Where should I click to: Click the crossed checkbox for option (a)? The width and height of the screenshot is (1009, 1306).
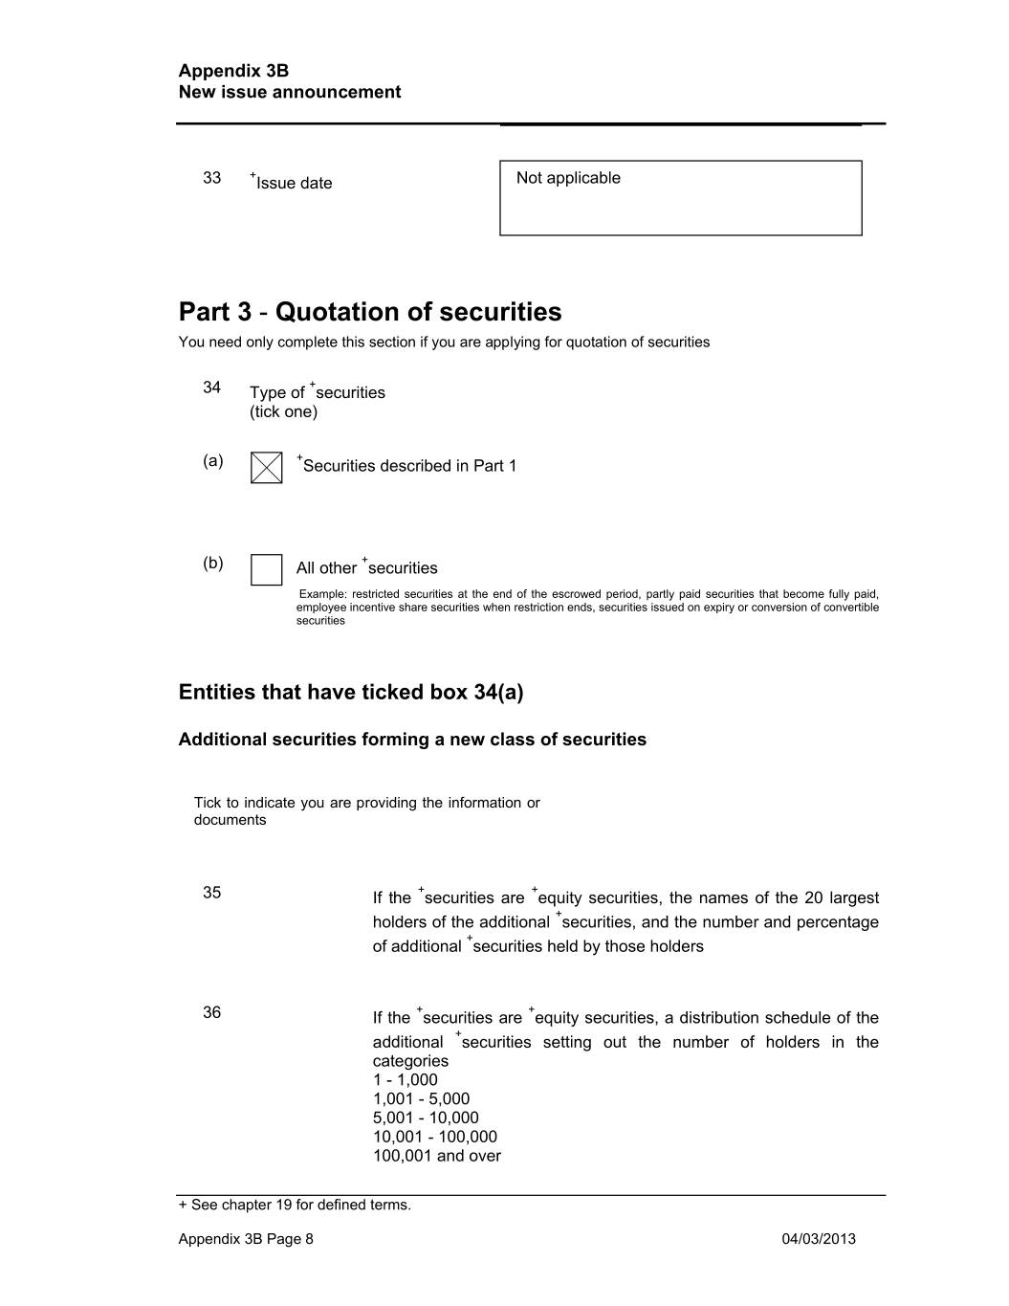[266, 468]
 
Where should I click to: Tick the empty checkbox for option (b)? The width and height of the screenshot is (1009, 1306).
[266, 569]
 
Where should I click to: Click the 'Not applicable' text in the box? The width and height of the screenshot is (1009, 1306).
[568, 178]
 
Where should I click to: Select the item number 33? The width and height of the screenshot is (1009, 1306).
[211, 178]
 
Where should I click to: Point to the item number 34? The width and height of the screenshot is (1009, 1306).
[211, 387]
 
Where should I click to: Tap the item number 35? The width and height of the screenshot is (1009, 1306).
[211, 893]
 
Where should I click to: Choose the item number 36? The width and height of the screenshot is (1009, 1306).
[211, 1012]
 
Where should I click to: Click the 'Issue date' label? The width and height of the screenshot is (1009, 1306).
[294, 183]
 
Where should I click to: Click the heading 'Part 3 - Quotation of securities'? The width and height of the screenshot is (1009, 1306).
[370, 312]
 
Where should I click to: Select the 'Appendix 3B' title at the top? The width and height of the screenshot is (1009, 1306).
[233, 71]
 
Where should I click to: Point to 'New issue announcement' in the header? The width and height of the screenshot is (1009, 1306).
[290, 92]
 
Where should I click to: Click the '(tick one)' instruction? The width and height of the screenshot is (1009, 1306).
[283, 411]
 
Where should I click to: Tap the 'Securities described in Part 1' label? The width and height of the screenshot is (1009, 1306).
[409, 466]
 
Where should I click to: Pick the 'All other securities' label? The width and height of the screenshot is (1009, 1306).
[367, 567]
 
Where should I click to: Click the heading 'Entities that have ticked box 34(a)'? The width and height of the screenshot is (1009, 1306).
[351, 692]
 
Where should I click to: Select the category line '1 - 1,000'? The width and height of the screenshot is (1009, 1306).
[406, 1079]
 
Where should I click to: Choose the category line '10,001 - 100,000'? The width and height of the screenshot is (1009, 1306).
[435, 1137]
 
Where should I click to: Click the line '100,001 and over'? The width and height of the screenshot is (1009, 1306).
[437, 1156]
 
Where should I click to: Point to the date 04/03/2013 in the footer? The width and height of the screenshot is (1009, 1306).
[819, 1239]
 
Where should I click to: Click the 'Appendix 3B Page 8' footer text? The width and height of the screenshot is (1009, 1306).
[246, 1239]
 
